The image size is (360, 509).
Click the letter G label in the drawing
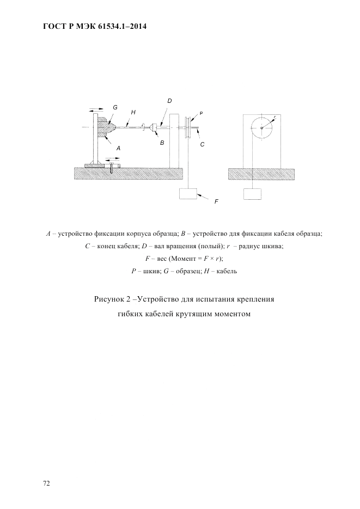tap(115, 108)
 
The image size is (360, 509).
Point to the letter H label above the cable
tap(133, 113)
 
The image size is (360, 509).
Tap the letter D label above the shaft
tap(169, 101)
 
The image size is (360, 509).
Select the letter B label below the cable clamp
tap(162, 143)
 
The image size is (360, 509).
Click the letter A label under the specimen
tap(118, 148)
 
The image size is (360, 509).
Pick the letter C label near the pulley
tap(202, 144)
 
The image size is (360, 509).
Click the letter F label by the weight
tap(216, 201)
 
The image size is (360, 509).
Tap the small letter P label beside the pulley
tap(201, 113)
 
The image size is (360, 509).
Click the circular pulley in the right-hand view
tap(262, 127)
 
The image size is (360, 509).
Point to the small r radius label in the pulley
tap(274, 116)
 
